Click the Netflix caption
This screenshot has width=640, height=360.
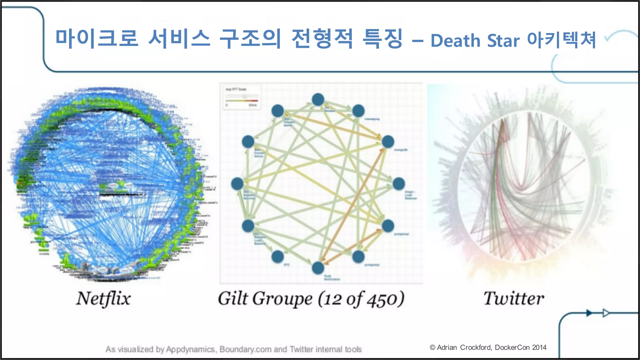(103, 298)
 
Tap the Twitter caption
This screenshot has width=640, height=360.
(514, 298)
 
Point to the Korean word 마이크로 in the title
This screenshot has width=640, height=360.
(97, 39)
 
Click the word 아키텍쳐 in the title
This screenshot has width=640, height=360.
(562, 40)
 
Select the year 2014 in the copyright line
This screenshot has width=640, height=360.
(539, 347)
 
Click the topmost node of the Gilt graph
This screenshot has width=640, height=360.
(318, 100)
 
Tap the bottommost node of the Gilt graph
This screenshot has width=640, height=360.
(318, 268)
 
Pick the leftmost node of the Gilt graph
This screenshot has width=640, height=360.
(237, 184)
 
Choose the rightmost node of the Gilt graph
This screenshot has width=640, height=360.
(399, 184)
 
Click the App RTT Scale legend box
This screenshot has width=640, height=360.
(242, 97)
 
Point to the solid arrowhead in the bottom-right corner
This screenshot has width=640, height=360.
(589, 313)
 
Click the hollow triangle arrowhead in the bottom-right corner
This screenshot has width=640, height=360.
(606, 313)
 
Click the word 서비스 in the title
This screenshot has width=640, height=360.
(179, 39)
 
